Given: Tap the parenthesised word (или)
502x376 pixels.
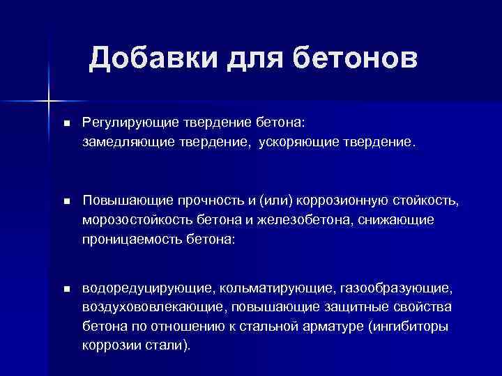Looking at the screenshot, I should [275, 201].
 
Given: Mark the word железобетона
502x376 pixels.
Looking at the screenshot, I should [292, 220].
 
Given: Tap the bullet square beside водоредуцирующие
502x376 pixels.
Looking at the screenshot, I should [66, 288].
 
